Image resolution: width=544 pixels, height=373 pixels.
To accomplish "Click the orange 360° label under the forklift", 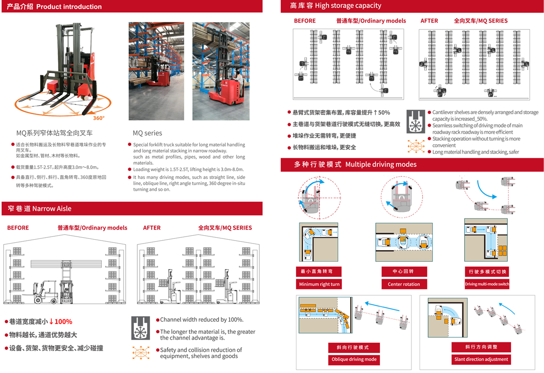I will point(99,118).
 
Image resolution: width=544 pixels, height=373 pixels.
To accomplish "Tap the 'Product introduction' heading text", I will point(69,7).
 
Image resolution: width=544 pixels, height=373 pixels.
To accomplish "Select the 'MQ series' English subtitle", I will point(147,133).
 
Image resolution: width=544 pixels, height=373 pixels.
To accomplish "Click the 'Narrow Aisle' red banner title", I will point(51,208).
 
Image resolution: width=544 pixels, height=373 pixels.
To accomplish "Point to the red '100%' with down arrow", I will point(61,322).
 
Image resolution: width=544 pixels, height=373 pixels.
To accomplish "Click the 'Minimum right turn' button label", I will point(319,284).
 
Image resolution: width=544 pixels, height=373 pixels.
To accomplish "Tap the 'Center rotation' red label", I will point(404,284).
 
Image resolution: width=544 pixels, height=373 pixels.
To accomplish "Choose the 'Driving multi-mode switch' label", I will point(487,284).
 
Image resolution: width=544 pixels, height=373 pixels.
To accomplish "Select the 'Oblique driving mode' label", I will point(354,359).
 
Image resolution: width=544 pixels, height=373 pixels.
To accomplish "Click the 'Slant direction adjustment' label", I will point(481,359).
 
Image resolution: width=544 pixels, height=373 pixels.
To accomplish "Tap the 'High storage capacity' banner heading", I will point(348,6).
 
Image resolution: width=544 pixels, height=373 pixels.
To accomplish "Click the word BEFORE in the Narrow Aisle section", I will point(18,228).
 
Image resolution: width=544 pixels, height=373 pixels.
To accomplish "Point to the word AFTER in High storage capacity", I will point(429,21).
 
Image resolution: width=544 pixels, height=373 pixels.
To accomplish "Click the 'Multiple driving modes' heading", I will point(380,165).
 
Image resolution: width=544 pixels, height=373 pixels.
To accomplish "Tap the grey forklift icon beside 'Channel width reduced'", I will point(141,328).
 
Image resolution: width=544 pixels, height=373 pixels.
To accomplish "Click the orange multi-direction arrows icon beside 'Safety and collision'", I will point(141,352).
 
